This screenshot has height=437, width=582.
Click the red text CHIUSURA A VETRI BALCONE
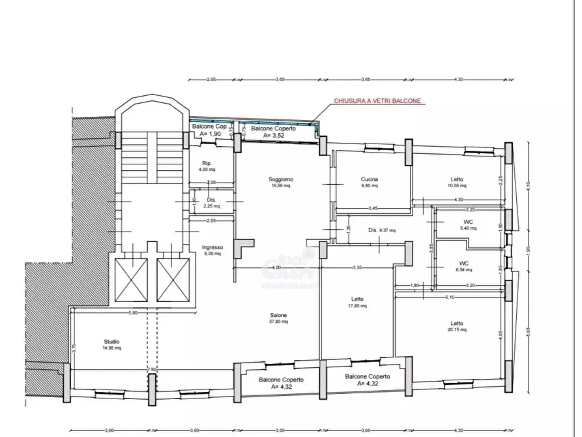point(377,101)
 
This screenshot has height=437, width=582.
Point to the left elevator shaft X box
point(131,280)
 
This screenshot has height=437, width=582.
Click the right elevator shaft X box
point(173,280)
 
